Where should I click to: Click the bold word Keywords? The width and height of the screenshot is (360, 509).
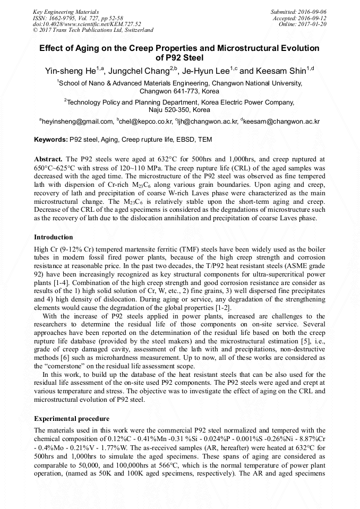tap(50, 140)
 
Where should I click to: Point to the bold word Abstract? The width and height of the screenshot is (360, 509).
tap(48, 159)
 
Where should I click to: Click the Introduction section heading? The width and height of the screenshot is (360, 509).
tap(54, 237)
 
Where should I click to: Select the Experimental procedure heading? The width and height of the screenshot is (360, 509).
tap(72, 419)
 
